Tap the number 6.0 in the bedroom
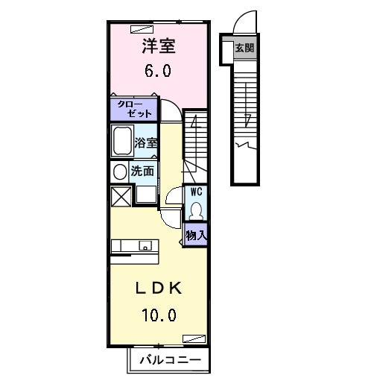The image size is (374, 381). (157, 73)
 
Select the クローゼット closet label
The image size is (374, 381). (134, 109)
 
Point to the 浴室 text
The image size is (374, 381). (145, 142)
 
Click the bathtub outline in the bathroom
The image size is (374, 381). (121, 141)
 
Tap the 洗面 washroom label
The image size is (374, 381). (142, 170)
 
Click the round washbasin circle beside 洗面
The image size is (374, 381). (119, 171)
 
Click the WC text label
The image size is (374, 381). (196, 192)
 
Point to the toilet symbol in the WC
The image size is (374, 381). (196, 209)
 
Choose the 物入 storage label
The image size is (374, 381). (196, 235)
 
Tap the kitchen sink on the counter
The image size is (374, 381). (145, 245)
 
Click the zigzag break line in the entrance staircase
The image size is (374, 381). (244, 142)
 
